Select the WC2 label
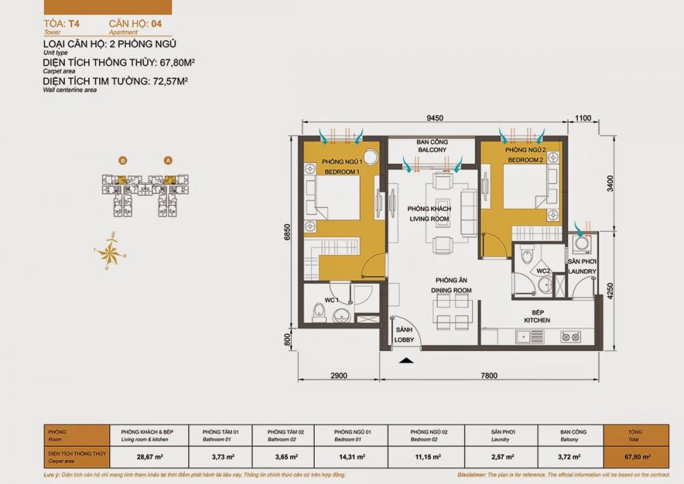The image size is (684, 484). [x=544, y=271]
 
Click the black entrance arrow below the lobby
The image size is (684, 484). [x=406, y=360]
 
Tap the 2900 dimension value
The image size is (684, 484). [x=337, y=375]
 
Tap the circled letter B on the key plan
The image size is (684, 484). [x=122, y=160]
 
